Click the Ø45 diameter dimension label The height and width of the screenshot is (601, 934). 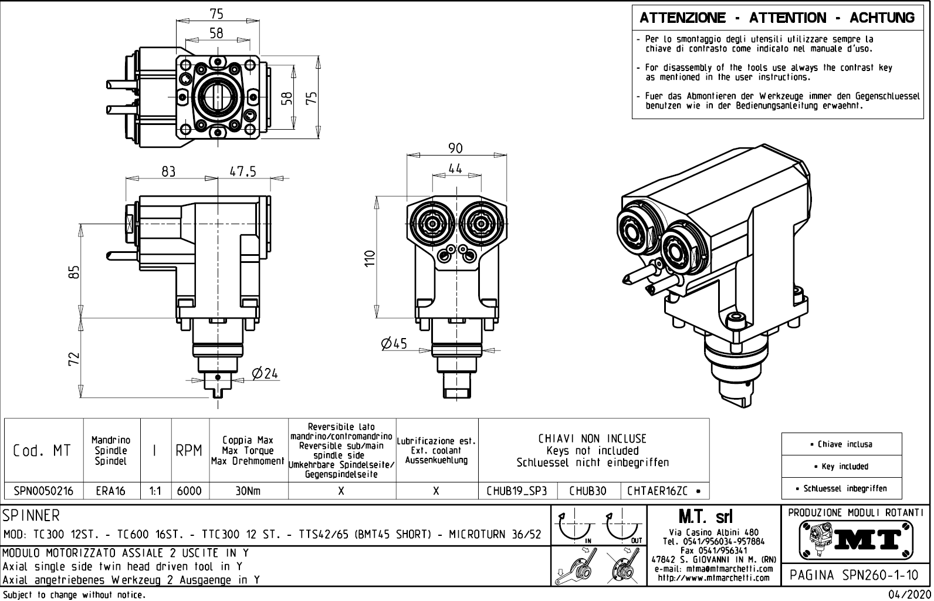(394, 343)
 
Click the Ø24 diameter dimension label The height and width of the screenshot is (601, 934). (265, 373)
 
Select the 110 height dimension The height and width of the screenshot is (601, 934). (369, 258)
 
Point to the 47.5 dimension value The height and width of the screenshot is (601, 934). (243, 171)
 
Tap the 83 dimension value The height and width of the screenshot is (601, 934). (168, 171)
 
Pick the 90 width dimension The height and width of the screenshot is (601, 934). (455, 148)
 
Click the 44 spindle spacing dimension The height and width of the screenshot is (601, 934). (455, 168)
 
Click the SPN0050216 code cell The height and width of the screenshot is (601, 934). (44, 491)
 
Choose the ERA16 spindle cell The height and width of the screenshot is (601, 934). (111, 491)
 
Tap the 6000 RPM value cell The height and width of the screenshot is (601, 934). (189, 491)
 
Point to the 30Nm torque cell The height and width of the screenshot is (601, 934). (248, 491)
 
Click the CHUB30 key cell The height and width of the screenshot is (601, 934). (588, 491)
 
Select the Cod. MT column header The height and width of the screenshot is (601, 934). (42, 450)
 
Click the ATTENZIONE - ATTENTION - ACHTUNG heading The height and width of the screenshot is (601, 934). (777, 18)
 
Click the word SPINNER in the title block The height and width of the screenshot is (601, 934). (31, 516)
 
